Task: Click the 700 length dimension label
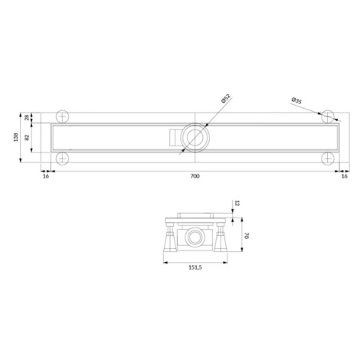[x=195, y=176]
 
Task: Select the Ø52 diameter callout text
[x=226, y=98]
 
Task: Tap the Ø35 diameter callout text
[x=296, y=100]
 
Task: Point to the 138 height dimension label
[x=16, y=137]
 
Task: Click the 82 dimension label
[x=27, y=137]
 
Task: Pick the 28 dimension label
[x=27, y=117]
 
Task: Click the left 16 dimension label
[x=46, y=176]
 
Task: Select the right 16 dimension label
[x=344, y=176]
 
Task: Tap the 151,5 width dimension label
[x=195, y=267]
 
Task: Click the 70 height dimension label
[x=246, y=236]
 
